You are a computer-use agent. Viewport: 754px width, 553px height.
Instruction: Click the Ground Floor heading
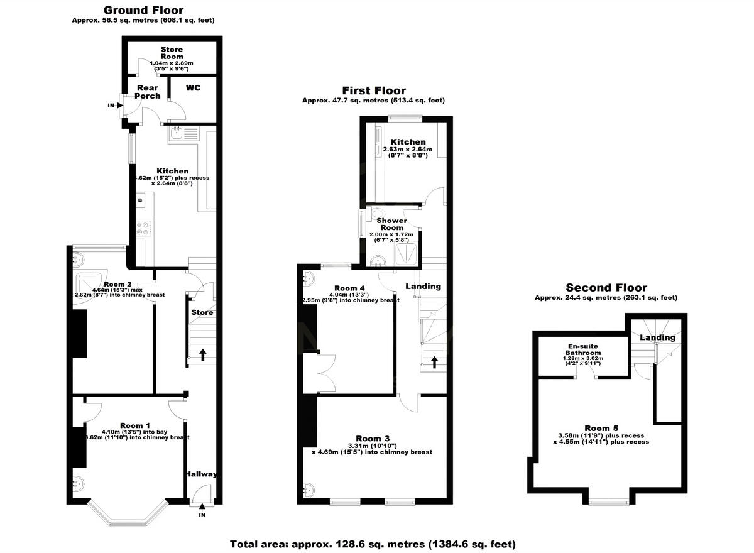tap(143, 10)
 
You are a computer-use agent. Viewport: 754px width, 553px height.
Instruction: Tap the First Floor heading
tap(373, 90)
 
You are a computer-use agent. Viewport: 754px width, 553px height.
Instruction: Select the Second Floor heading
tap(606, 288)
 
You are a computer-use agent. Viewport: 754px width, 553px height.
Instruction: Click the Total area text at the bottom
tap(373, 544)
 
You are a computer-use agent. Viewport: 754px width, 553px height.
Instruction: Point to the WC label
tap(193, 88)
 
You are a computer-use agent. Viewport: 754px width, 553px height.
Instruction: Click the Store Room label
tap(172, 53)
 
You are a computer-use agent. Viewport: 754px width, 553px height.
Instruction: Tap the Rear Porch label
tap(148, 92)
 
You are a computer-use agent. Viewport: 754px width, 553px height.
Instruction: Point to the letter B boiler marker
tap(141, 200)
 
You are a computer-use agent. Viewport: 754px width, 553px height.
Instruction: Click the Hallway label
tap(201, 474)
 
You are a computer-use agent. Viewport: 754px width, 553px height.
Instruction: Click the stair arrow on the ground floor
tap(202, 354)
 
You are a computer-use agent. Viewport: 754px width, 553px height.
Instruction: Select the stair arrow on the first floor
tap(433, 361)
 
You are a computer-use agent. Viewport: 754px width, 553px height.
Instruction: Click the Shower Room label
tap(391, 224)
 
